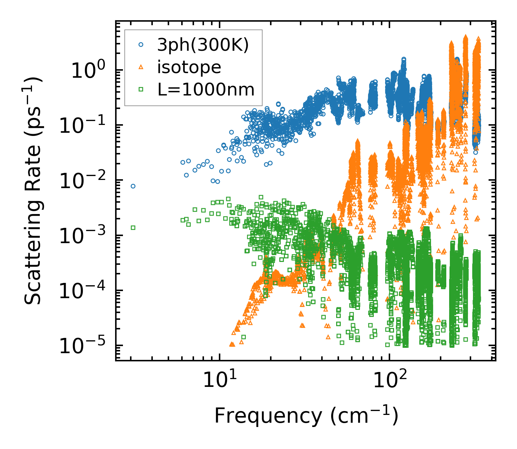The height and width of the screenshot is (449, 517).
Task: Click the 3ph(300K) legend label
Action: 203,45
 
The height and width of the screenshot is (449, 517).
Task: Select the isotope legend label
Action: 189,67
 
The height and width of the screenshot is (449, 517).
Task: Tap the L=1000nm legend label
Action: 206,89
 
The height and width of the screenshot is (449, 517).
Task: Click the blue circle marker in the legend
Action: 141,45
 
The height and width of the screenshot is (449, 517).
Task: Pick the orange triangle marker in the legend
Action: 141,67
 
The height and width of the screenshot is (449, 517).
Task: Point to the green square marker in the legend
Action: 141,89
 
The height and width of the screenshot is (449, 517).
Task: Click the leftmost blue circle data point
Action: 133,186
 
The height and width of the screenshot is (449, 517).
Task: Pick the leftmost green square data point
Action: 133,228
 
